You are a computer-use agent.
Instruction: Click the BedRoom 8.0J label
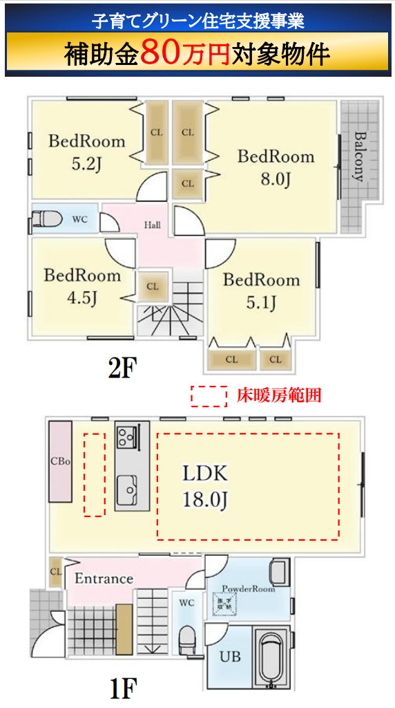(276, 167)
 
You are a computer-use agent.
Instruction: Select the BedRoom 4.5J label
(82, 286)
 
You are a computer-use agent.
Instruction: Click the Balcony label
(359, 156)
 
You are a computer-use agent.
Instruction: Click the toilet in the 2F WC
(46, 221)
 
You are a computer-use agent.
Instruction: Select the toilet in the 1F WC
(187, 639)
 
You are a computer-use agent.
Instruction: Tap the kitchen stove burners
(126, 436)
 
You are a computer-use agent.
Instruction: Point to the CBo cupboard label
(59, 461)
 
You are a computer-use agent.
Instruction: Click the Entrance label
(103, 578)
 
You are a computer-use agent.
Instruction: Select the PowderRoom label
(248, 589)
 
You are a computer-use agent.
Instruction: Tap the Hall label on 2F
(153, 225)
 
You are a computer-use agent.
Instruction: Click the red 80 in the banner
(162, 54)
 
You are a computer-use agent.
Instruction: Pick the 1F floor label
(123, 688)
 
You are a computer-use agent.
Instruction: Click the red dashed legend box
(209, 396)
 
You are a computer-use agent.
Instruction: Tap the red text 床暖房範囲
(279, 396)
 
